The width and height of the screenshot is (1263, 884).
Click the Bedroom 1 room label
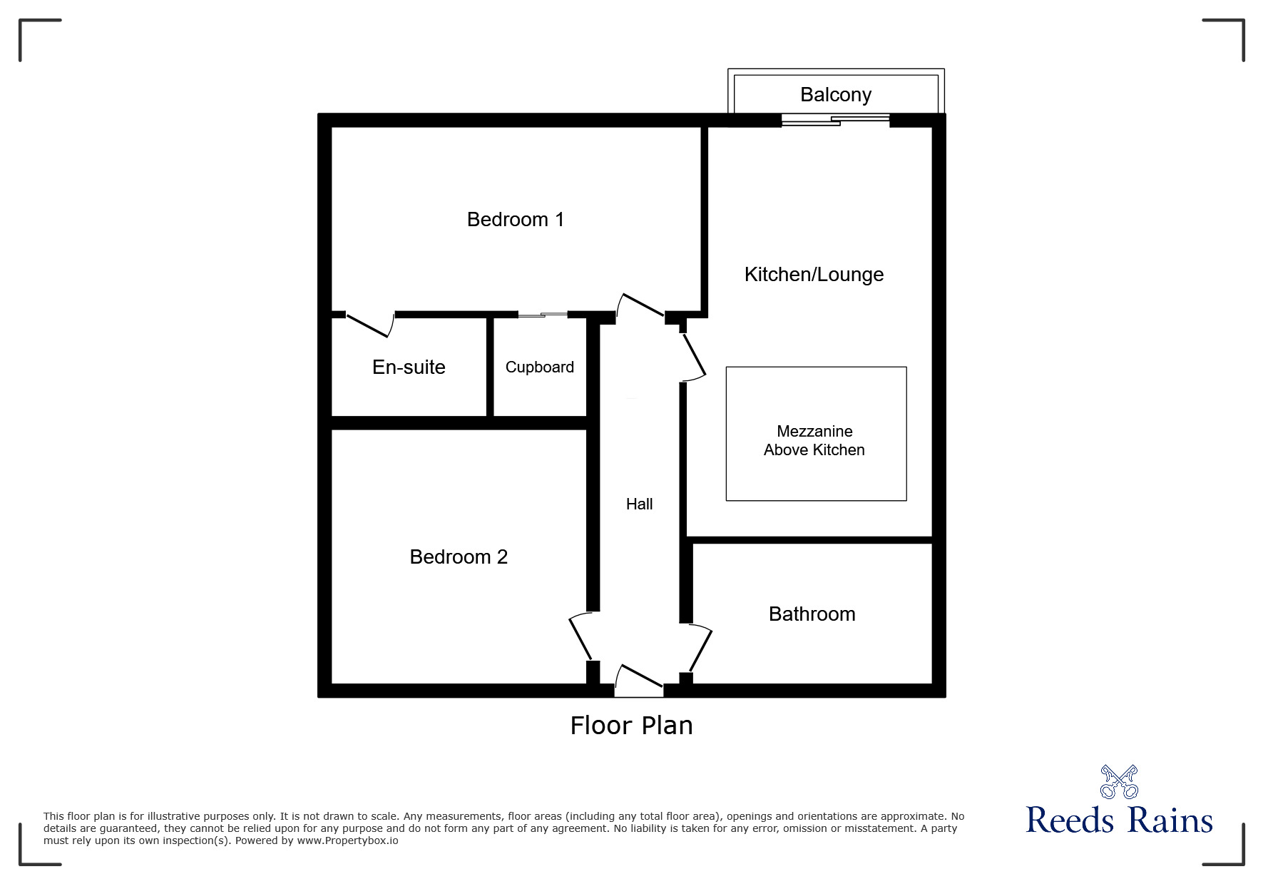(515, 219)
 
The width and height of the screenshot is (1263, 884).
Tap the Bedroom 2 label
(459, 557)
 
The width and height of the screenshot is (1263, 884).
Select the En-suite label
(409, 367)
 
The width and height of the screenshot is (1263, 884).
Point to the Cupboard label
(539, 367)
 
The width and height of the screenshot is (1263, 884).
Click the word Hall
(639, 504)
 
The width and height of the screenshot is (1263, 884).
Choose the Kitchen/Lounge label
(814, 274)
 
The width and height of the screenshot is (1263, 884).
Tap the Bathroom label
(812, 614)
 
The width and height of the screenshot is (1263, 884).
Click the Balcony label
(836, 94)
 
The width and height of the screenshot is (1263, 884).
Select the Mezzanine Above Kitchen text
(814, 440)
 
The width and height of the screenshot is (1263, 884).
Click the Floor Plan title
(631, 725)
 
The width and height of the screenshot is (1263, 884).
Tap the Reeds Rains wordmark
(1119, 821)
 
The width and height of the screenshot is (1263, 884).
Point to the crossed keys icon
(1119, 781)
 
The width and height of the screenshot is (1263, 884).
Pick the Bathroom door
(700, 648)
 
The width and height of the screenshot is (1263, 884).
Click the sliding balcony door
(836, 120)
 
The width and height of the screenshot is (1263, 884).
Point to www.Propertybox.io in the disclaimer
(348, 840)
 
